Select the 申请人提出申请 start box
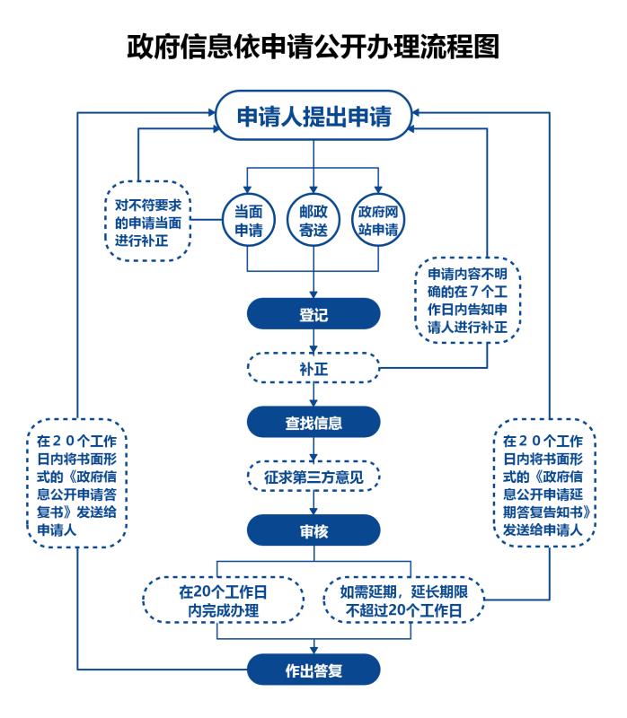[313, 116]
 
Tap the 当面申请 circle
[248, 217]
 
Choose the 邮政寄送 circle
[313, 217]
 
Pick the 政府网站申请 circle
[378, 217]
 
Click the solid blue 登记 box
[313, 315]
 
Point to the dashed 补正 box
[313, 367]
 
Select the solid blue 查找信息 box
[313, 421]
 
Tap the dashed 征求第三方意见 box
[313, 474]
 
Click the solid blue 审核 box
[313, 530]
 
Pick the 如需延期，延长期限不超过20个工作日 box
[404, 599]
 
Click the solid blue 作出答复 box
[313, 669]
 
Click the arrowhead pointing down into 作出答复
[313, 648]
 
